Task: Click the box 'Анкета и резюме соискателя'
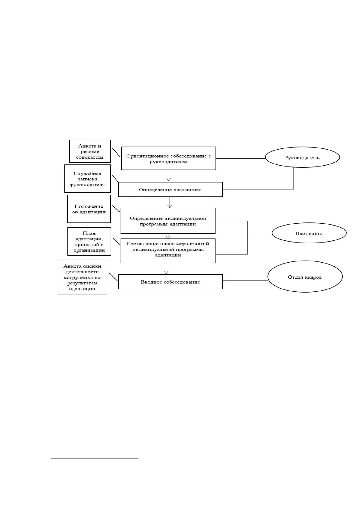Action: tap(90, 151)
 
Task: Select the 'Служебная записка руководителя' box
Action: tap(87, 179)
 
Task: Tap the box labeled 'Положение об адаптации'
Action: tap(89, 209)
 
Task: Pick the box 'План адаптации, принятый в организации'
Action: tap(89, 242)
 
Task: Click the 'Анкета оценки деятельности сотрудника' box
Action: tap(82, 277)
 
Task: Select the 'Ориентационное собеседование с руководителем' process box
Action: tap(168, 158)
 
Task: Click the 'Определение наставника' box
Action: tap(170, 189)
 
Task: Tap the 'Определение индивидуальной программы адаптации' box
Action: tap(168, 221)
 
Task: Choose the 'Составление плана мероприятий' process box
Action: tap(168, 251)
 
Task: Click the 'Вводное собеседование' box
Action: tap(170, 282)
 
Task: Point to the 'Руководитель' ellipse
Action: tap(302, 157)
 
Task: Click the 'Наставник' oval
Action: tap(309, 233)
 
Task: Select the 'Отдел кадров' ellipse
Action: tap(305, 276)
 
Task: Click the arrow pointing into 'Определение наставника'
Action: tap(169, 176)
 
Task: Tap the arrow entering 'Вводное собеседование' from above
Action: tap(166, 269)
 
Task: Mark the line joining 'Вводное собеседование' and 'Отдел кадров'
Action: tap(245, 280)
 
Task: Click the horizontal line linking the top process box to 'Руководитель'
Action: tap(241, 158)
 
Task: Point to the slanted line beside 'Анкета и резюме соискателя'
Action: tap(116, 152)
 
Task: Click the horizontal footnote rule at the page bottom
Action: tap(95, 459)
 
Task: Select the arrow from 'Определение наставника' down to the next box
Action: tap(170, 202)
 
